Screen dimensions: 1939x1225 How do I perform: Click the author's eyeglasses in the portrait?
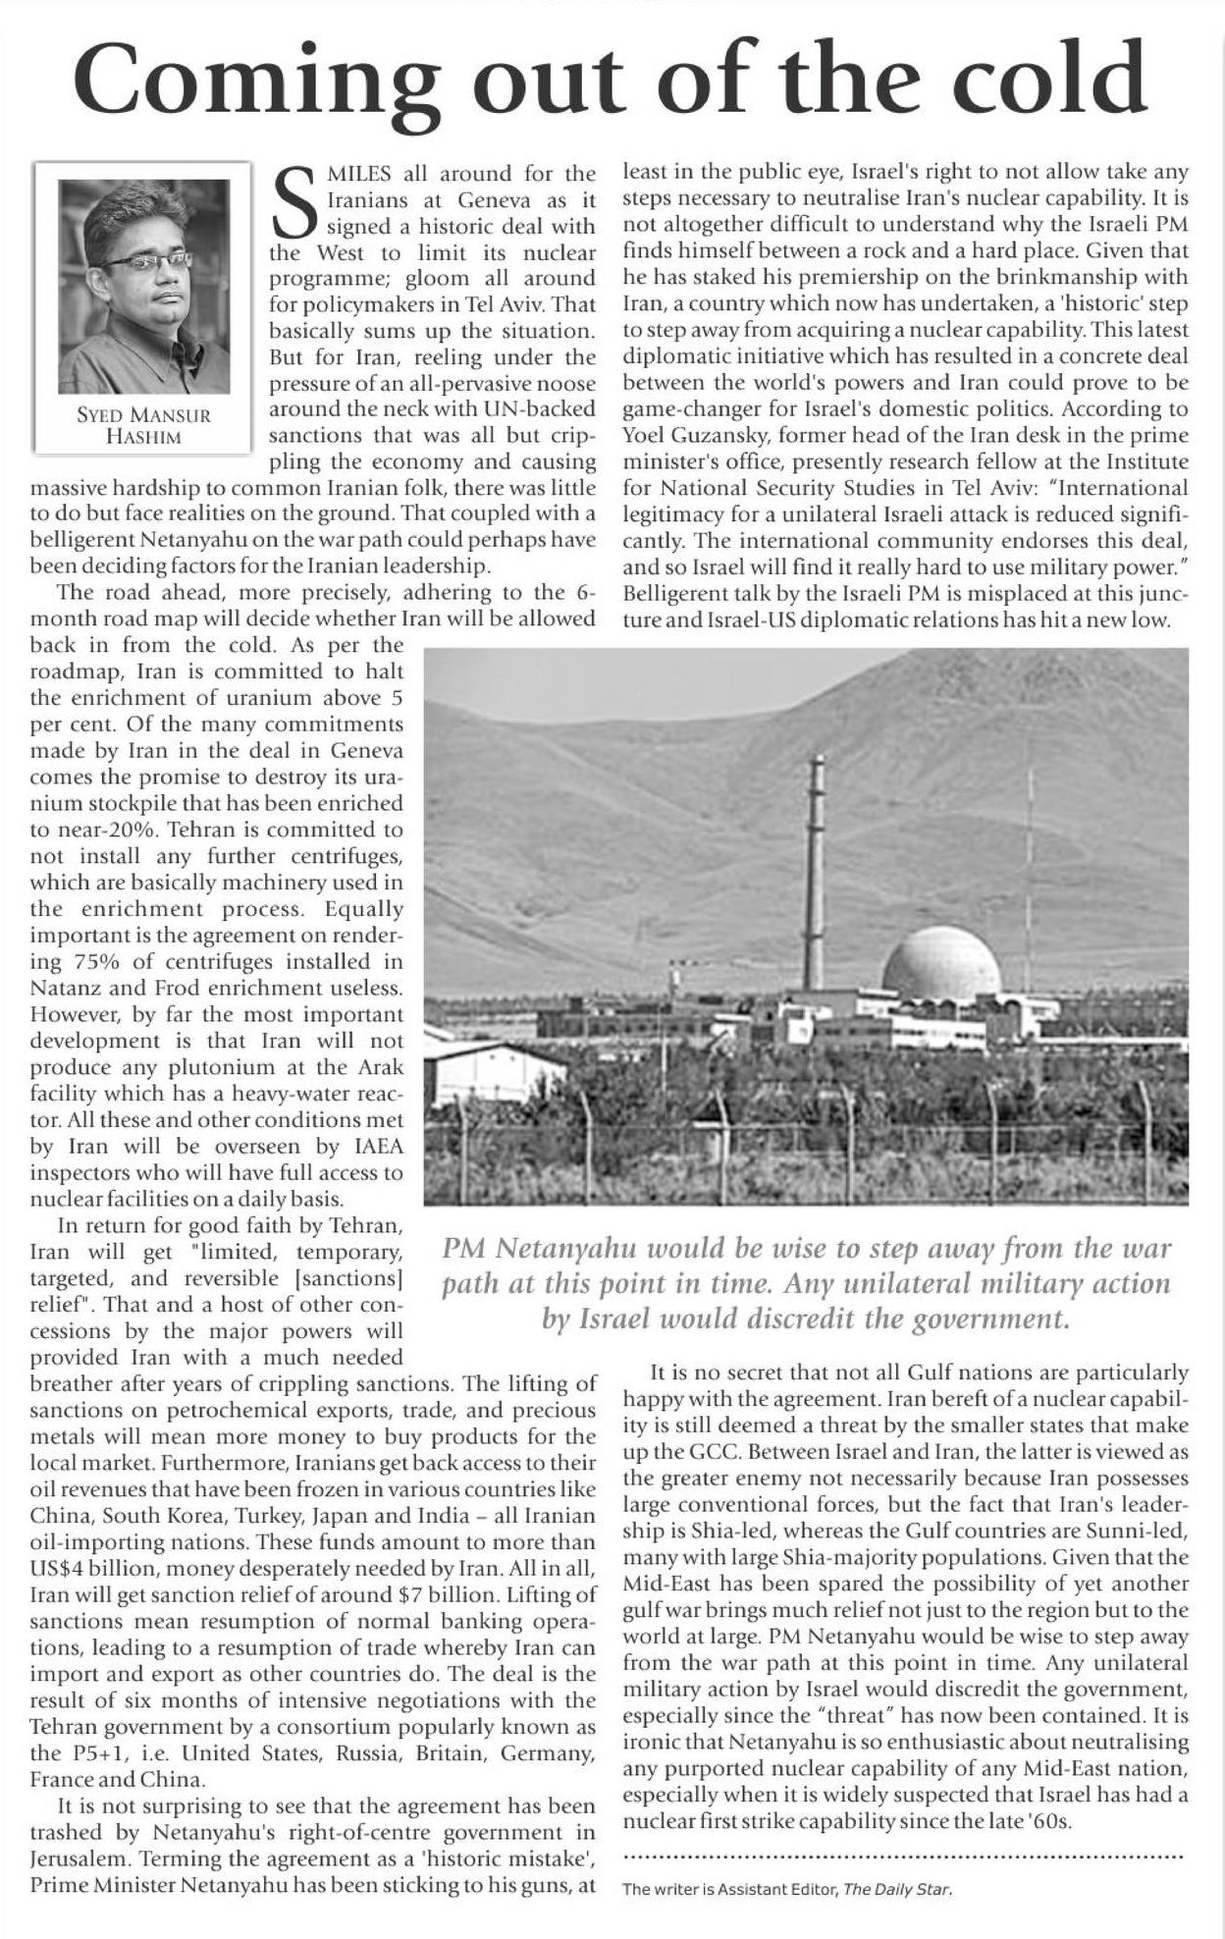point(146,260)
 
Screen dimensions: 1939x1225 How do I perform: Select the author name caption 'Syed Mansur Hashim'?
point(143,425)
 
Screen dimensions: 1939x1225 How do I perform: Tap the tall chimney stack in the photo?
point(814,874)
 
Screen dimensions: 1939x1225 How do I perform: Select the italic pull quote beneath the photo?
point(806,1283)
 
